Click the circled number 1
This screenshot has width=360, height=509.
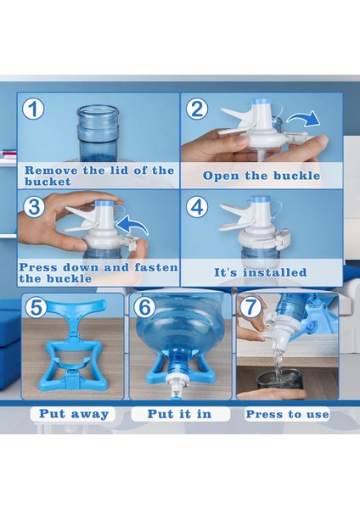(33, 109)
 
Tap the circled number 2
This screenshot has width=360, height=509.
(197, 109)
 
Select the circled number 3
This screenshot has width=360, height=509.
(34, 207)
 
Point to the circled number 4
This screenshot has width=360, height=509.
(197, 207)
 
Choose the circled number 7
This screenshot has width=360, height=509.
(250, 307)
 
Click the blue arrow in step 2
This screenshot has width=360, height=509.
(303, 120)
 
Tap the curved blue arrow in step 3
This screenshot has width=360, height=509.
(132, 225)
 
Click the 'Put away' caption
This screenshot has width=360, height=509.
(74, 414)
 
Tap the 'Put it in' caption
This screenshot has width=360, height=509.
(179, 414)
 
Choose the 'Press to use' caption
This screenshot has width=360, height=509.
(287, 414)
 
